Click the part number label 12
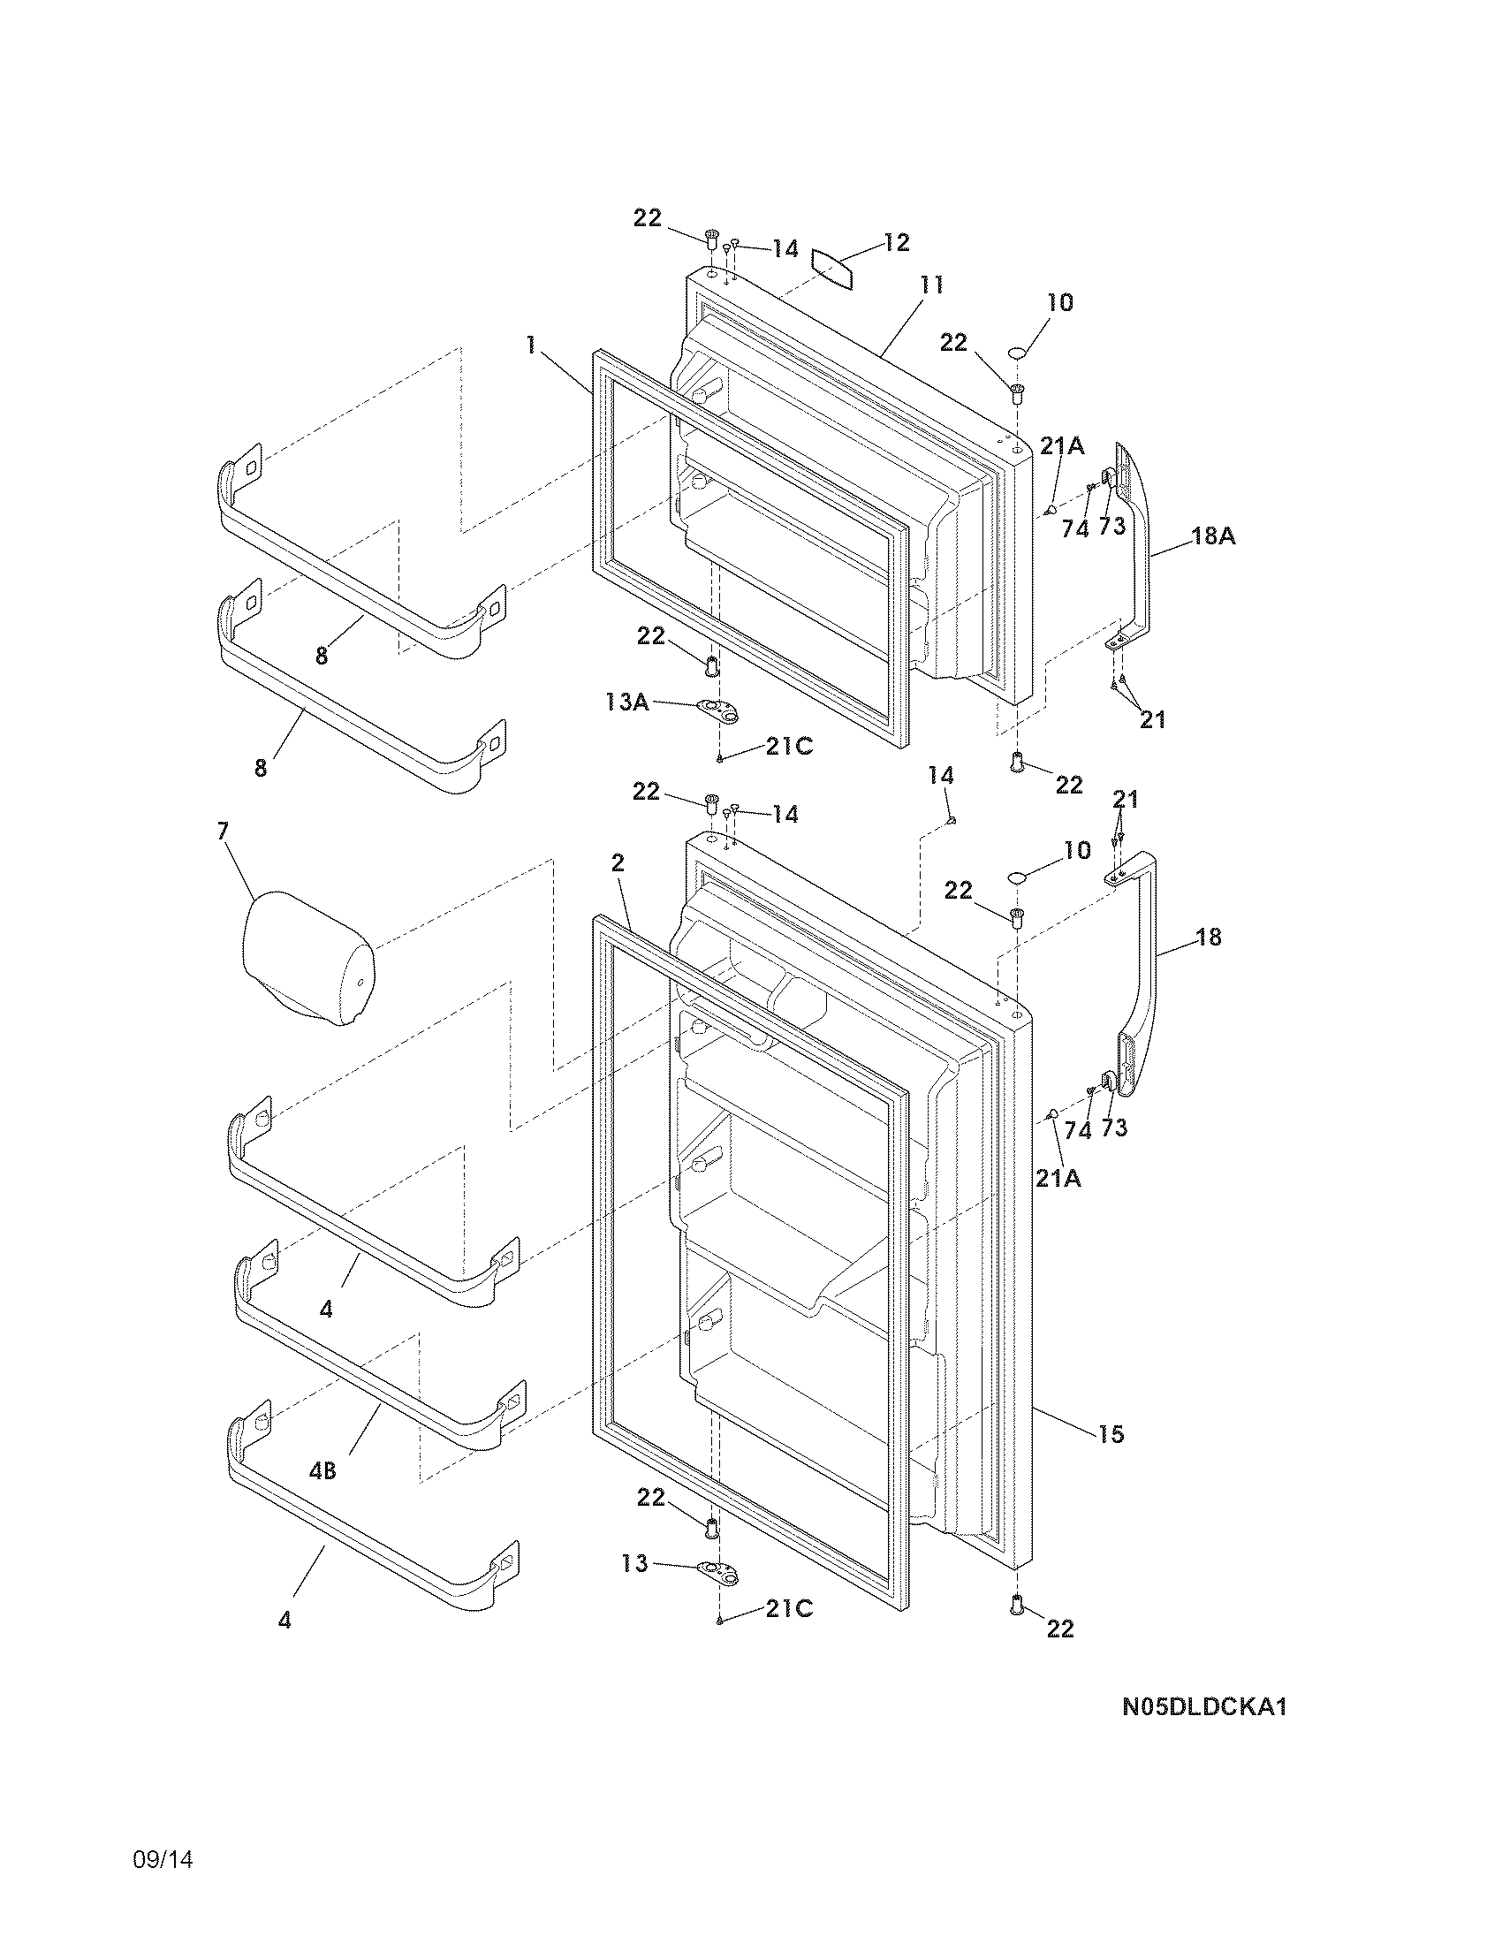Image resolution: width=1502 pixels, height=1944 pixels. pos(897,242)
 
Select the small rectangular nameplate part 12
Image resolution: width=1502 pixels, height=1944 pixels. pos(832,268)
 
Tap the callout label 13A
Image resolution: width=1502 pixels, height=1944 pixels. pos(626,702)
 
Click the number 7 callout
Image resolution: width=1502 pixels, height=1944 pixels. pos(223,832)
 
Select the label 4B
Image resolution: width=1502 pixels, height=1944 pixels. pos(322,1471)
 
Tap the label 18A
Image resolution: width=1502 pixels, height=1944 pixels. pos(1214,536)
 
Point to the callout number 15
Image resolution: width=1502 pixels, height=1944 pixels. pos(1111,1434)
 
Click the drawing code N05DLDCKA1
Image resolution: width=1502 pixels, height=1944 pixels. pos(1205,1707)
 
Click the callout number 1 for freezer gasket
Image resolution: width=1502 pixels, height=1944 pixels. pos(531,346)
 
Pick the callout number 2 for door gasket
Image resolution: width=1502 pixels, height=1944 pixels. pos(618,862)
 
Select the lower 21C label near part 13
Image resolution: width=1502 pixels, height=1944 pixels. pos(789,1608)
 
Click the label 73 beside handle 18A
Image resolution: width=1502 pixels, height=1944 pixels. pos(1112,526)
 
